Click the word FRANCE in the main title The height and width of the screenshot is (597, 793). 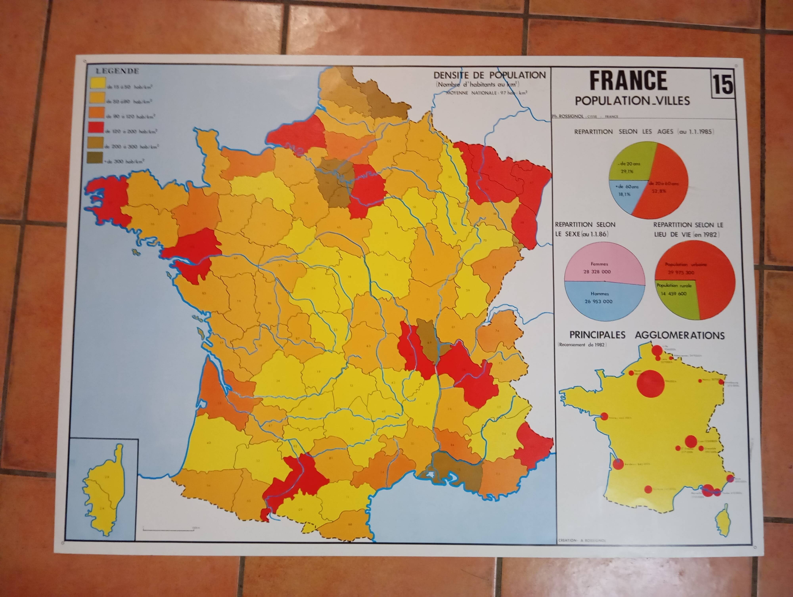(x=628, y=81)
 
